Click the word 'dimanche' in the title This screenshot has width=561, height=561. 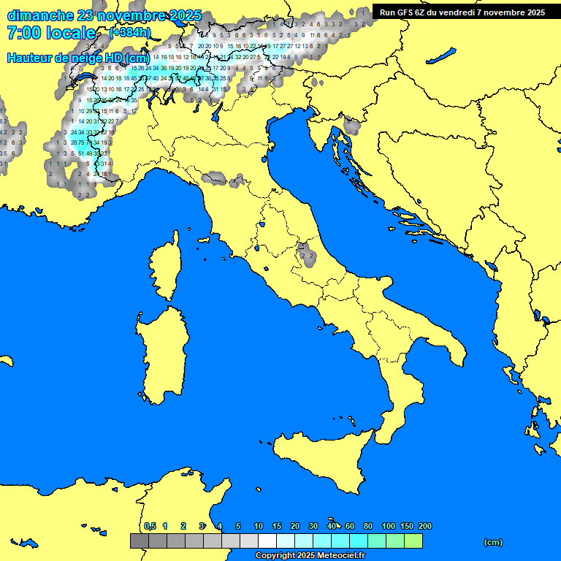(40, 15)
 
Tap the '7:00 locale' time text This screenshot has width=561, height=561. (51, 33)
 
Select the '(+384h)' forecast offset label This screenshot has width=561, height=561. (130, 33)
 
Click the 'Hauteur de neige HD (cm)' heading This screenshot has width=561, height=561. (78, 58)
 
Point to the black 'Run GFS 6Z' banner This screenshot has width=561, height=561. (462, 12)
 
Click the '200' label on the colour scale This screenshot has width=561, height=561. (425, 526)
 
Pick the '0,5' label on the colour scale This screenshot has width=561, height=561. (150, 526)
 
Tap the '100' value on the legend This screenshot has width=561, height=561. (389, 526)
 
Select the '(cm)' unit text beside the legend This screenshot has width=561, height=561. (493, 542)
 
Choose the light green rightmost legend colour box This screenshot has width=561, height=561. (413, 541)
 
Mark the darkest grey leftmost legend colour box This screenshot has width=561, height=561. (140, 541)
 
